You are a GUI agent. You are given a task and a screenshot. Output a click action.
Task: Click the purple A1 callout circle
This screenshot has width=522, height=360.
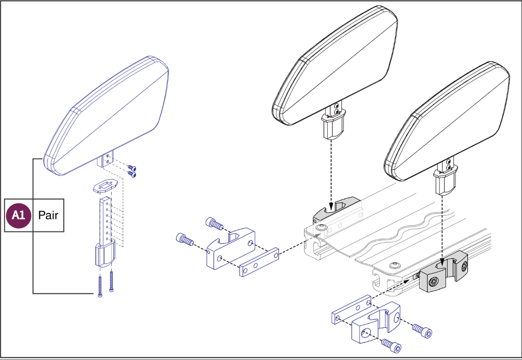click(19, 215)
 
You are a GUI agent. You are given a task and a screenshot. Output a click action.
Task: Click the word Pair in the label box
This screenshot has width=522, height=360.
click(48, 215)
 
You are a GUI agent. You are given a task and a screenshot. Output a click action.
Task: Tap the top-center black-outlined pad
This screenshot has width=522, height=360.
click(335, 66)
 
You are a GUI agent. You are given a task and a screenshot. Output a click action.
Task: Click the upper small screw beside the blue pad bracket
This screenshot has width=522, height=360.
click(132, 168)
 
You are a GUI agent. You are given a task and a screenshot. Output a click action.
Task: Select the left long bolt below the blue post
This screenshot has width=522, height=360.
click(100, 287)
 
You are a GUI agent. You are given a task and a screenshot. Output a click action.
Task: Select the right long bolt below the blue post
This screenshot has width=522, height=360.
click(112, 281)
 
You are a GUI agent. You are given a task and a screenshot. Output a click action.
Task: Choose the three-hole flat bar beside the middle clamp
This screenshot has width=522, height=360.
click(259, 262)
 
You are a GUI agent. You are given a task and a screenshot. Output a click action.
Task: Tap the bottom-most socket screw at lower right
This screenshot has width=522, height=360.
click(392, 345)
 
